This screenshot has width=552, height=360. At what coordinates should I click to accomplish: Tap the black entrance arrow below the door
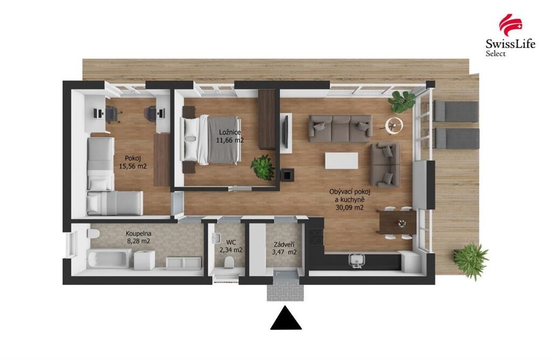(x=286, y=318)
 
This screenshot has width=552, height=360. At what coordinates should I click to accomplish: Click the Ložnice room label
(x=230, y=133)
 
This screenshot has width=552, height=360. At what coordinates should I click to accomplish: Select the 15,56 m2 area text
(x=133, y=166)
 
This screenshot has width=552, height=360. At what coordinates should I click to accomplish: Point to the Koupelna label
(x=139, y=233)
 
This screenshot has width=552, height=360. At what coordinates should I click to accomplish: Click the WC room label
(x=231, y=243)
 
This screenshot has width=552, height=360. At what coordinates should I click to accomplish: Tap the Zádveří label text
(x=284, y=244)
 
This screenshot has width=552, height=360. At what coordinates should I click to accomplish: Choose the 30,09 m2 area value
(x=349, y=207)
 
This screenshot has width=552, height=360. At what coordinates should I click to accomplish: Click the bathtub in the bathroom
(x=109, y=259)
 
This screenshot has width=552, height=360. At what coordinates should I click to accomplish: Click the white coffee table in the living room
(x=341, y=161)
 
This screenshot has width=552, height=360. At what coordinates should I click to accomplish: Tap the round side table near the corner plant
(x=394, y=126)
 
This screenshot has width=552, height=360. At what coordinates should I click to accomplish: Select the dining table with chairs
(x=396, y=223)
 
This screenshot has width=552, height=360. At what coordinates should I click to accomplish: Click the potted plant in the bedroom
(x=263, y=168)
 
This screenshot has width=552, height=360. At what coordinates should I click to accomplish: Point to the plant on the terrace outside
(x=471, y=261)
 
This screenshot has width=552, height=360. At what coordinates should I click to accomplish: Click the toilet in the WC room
(x=229, y=262)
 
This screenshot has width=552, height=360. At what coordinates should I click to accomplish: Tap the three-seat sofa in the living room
(x=340, y=128)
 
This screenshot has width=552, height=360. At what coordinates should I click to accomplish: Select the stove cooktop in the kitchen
(x=316, y=237)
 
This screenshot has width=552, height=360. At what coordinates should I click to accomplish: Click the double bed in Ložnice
(x=211, y=141)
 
